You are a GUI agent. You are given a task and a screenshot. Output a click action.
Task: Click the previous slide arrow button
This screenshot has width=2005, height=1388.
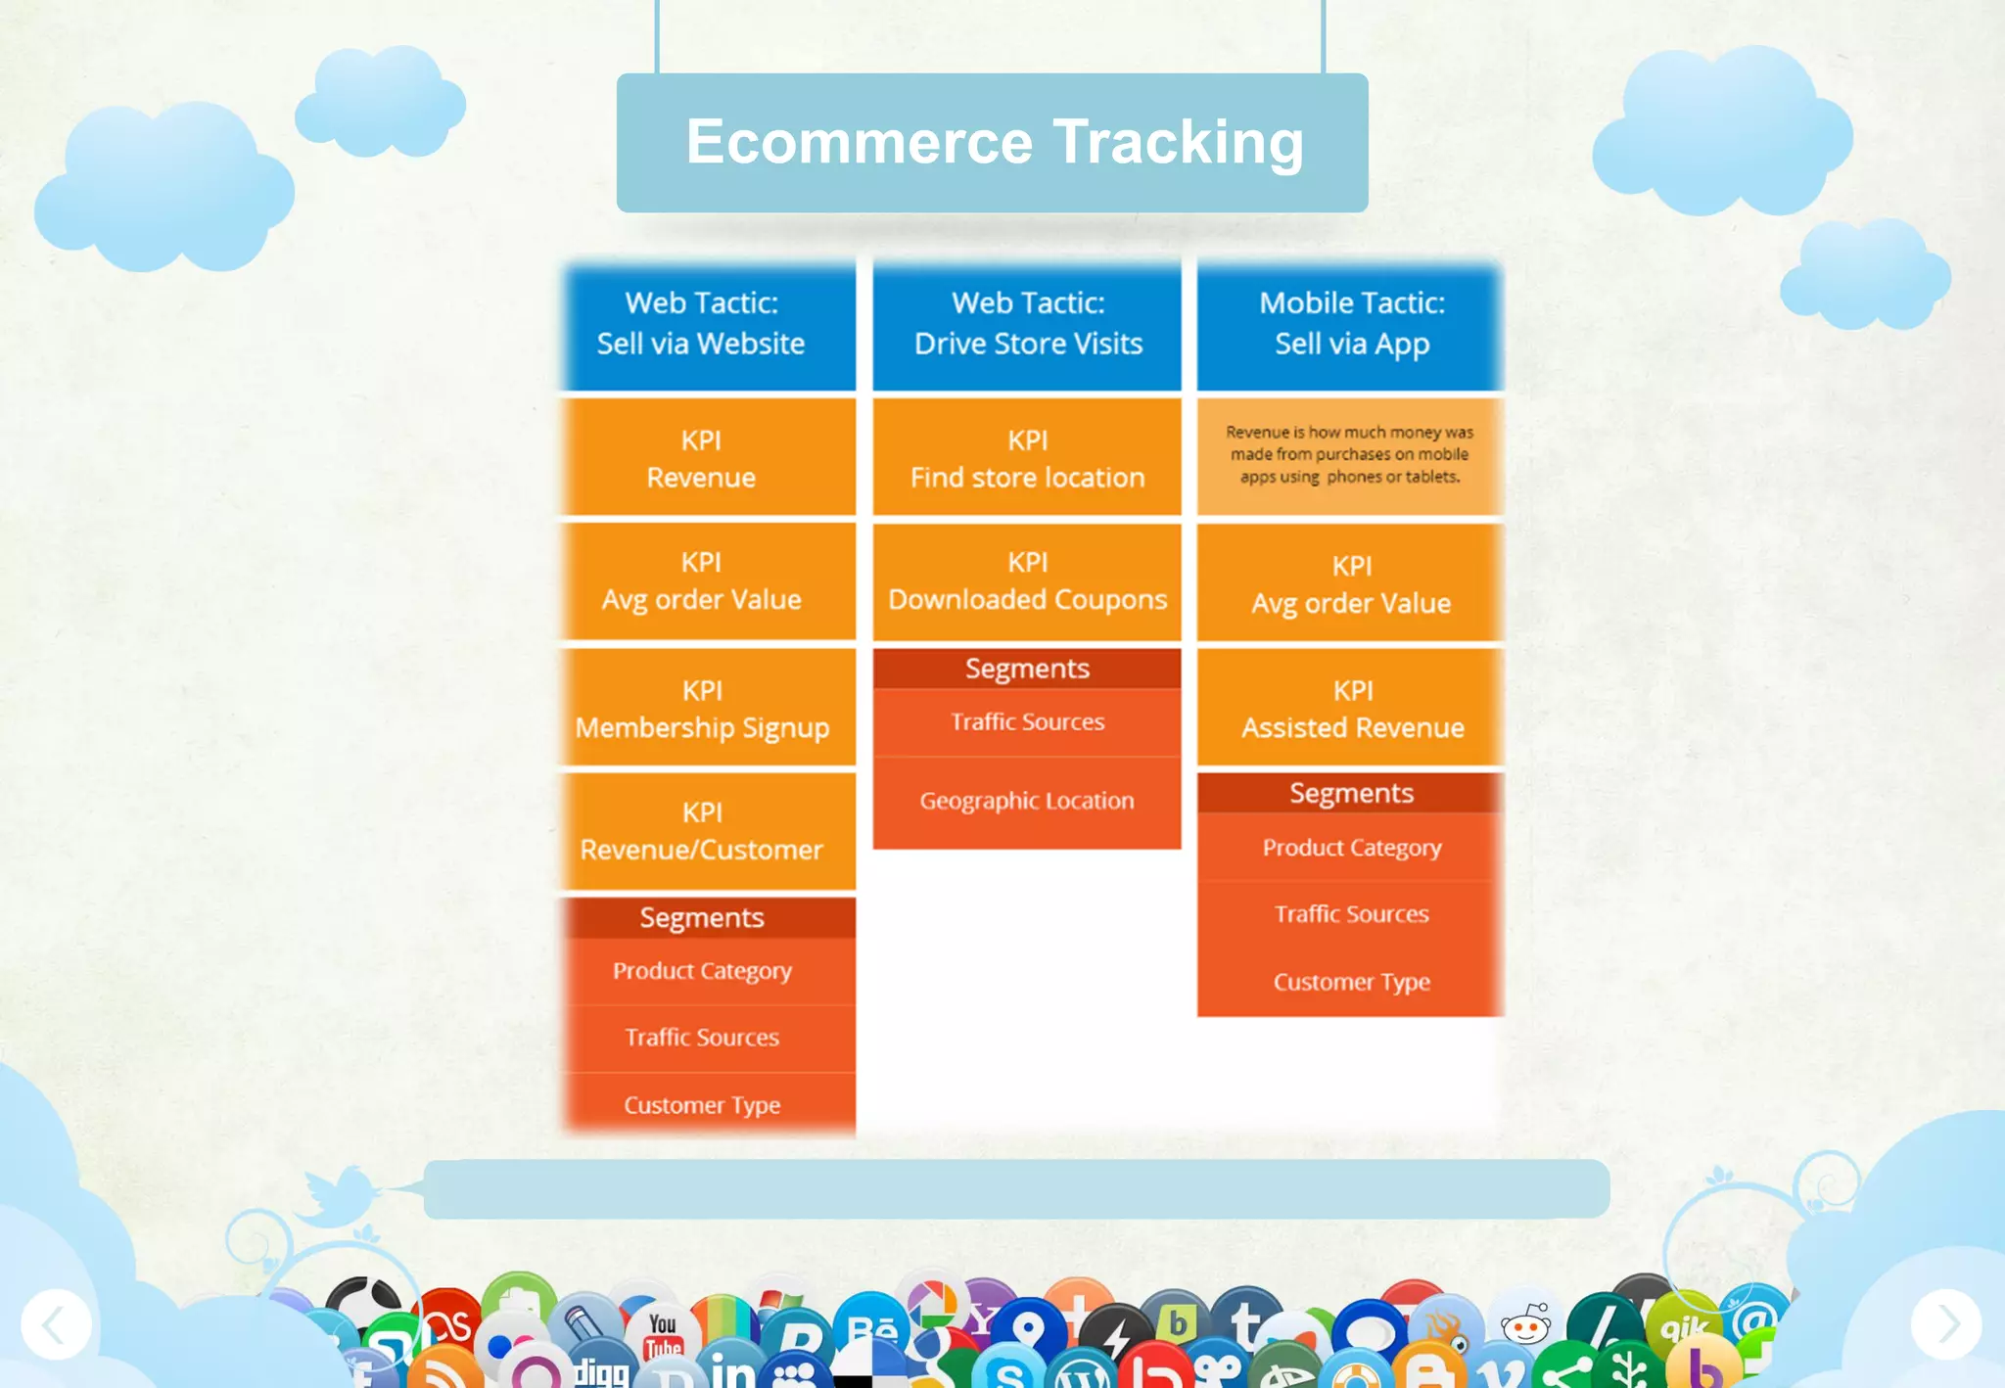click(x=56, y=1324)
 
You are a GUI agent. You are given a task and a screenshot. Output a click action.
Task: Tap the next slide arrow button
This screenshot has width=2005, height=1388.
click(x=1946, y=1324)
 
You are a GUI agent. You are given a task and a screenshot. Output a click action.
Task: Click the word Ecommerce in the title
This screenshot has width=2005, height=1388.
click(x=859, y=142)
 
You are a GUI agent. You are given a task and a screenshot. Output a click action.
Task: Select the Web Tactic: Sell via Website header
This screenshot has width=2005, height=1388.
click(x=702, y=324)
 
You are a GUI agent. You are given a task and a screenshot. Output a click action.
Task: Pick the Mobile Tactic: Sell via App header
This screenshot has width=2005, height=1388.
click(x=1351, y=324)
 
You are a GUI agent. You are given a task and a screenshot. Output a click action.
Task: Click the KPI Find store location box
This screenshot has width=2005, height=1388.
click(x=1027, y=458)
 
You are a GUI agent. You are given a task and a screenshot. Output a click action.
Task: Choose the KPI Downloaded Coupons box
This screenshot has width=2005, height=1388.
click(x=1027, y=580)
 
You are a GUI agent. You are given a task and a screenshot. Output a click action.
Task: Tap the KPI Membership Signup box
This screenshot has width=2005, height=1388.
click(x=702, y=709)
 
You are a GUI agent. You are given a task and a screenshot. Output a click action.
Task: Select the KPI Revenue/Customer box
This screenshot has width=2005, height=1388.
click(x=702, y=831)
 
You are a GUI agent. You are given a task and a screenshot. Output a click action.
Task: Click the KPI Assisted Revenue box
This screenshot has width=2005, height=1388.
click(x=1352, y=709)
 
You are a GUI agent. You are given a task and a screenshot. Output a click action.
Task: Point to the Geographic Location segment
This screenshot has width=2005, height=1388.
click(x=1027, y=801)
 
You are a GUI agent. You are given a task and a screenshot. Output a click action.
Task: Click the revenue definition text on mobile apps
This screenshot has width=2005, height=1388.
click(x=1350, y=454)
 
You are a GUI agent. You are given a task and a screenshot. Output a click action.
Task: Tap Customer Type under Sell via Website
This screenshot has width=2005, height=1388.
click(x=702, y=1105)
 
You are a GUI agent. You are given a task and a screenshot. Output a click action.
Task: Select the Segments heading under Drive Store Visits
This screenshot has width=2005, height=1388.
click(x=1027, y=669)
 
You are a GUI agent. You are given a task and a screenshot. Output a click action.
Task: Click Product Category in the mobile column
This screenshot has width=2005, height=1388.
click(x=1351, y=848)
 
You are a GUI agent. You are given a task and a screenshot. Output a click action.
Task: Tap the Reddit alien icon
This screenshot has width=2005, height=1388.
click(x=1525, y=1325)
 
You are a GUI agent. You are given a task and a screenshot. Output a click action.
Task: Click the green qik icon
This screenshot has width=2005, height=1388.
click(x=1684, y=1327)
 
